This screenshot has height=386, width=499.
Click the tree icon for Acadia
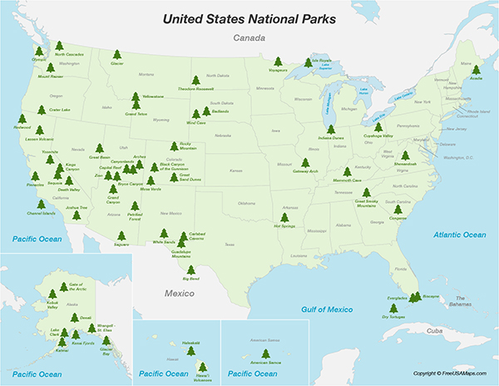pos(476,70)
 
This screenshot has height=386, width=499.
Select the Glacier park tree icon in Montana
pos(116,56)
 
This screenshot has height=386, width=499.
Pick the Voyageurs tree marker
pos(278,61)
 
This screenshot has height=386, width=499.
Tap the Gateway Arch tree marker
pos(306,163)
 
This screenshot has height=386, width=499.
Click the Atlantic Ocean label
pos(459,235)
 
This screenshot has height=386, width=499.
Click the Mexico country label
pos(178,294)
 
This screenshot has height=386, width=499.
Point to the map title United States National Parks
pos(249,17)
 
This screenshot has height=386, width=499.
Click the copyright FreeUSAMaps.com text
pos(453,373)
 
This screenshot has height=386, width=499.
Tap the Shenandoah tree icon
pos(405,155)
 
